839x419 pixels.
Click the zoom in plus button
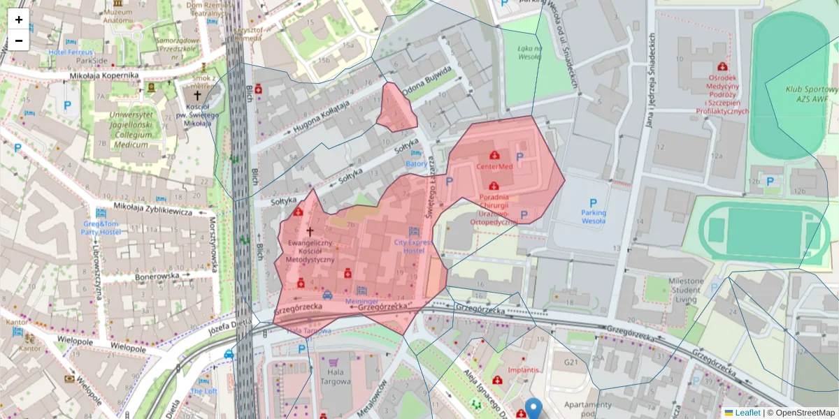[x=19, y=20]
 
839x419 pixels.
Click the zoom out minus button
[x=19, y=41]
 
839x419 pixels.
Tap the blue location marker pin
[x=534, y=409]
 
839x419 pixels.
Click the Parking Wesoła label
[x=594, y=216]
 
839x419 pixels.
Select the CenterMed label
[x=494, y=167]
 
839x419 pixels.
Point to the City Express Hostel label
[x=413, y=246]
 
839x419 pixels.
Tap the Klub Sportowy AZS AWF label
[x=812, y=94]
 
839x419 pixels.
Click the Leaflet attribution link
[x=747, y=413]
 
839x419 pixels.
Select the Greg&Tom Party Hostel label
[x=101, y=227]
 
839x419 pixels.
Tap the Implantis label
[x=524, y=369]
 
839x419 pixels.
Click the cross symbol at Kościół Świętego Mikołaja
[x=197, y=95]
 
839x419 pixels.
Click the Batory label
[x=417, y=163]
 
